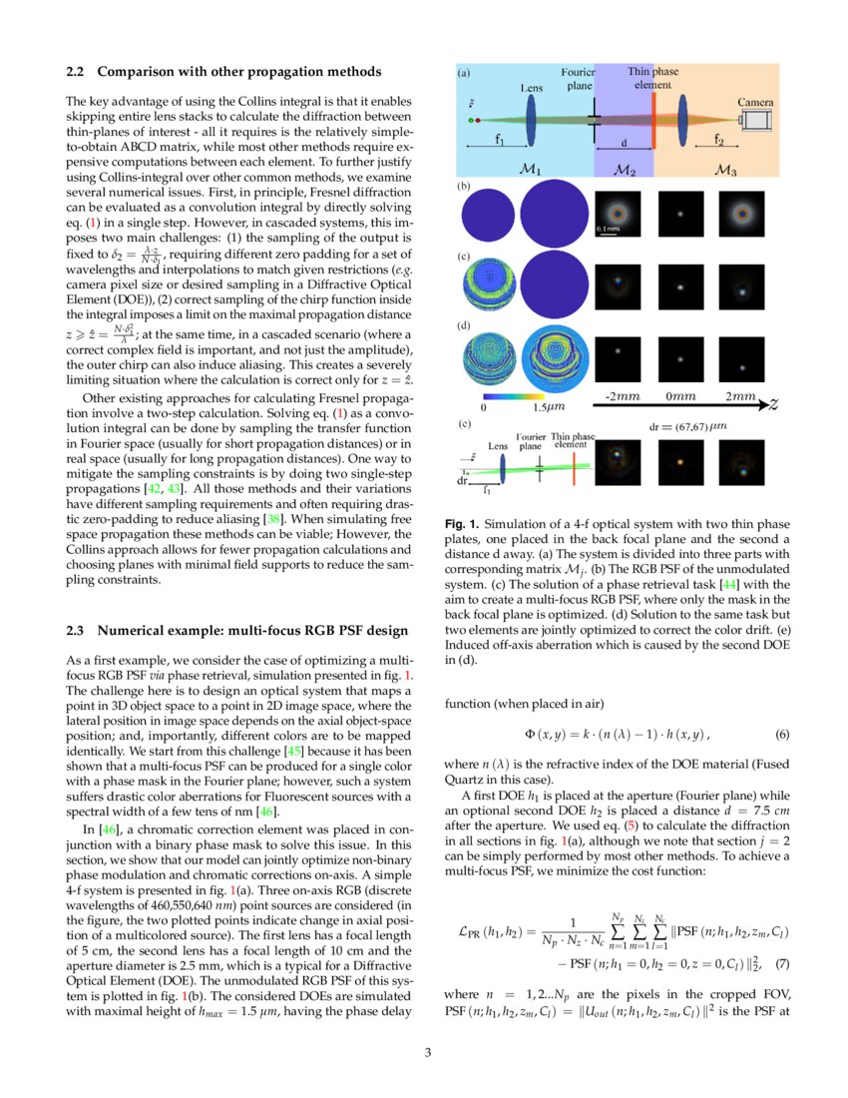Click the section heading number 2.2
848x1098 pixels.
click(x=77, y=72)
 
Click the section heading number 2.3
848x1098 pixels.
click(x=77, y=630)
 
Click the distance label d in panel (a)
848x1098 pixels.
click(x=625, y=142)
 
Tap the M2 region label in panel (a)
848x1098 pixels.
click(x=625, y=170)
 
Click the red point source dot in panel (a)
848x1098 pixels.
click(x=478, y=121)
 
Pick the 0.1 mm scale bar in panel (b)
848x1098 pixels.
click(x=610, y=233)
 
